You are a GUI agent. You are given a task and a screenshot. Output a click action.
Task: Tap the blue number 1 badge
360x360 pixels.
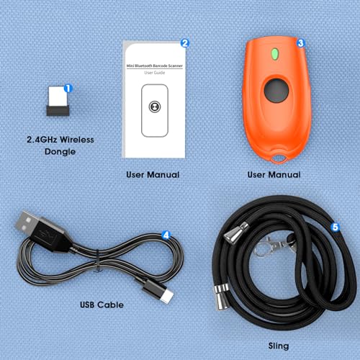pyautogui.click(x=68, y=89)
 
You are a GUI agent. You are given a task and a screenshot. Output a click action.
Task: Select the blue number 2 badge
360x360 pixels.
pyautogui.click(x=185, y=43)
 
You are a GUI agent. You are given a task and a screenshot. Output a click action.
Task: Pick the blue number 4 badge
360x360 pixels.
pyautogui.click(x=166, y=235)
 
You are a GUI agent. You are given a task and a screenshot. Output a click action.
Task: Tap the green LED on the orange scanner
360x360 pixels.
pyautogui.click(x=274, y=54)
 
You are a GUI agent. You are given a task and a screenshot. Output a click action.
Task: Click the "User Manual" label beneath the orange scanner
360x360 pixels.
pyautogui.click(x=274, y=175)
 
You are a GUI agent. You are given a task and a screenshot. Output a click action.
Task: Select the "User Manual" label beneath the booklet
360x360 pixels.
pyautogui.click(x=153, y=175)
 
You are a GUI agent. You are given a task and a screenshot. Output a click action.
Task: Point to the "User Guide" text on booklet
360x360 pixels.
pyautogui.click(x=154, y=73)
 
